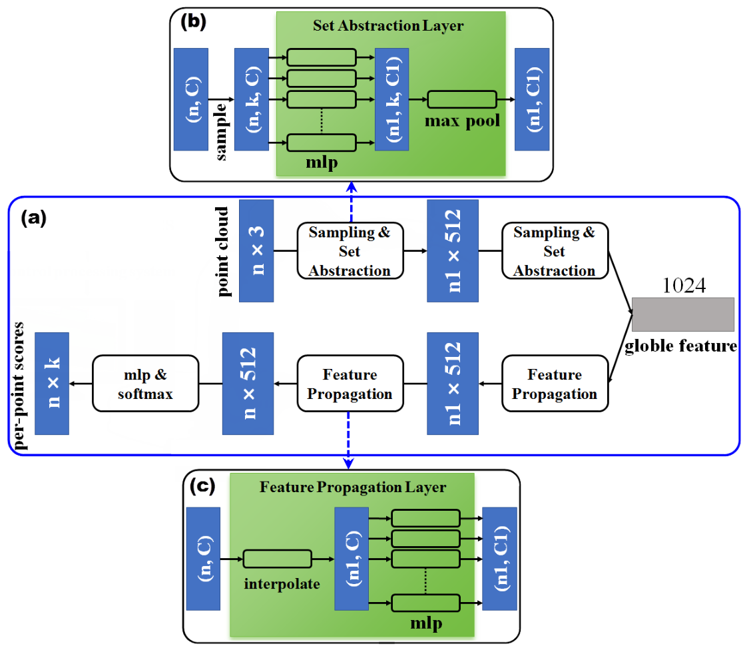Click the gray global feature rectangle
coord(682,314)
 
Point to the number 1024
coord(684,286)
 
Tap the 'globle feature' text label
coord(681,346)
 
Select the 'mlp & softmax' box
coord(145,384)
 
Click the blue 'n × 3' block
coord(256,250)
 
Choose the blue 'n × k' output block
coord(52,384)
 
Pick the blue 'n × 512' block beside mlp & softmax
coord(248,384)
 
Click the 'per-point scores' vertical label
coord(19,386)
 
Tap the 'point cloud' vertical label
coord(222,252)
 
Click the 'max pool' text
coord(462,121)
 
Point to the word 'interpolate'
coord(282,584)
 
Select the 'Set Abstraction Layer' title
coord(388,26)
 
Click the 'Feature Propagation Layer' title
coord(353,487)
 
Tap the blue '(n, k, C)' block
coord(252,99)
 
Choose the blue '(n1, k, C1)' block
coord(391,99)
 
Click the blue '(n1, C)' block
coord(352,559)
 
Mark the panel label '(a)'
coord(33,218)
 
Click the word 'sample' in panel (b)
coord(220,132)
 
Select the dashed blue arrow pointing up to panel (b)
coord(352,202)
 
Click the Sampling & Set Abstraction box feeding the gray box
coord(555,250)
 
